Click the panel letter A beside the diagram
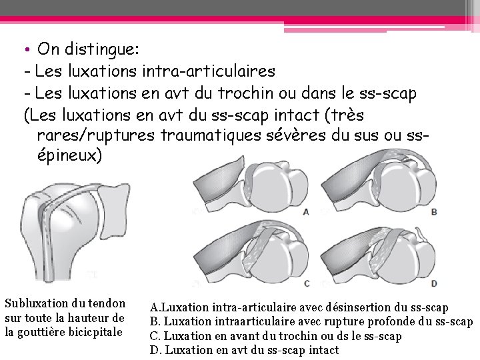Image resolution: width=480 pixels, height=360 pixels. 306,212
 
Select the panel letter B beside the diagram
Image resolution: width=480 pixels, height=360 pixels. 434,212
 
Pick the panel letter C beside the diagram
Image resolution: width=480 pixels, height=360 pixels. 306,283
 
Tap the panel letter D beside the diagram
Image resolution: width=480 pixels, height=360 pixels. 434,283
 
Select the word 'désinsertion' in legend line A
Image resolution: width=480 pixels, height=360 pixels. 363,308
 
